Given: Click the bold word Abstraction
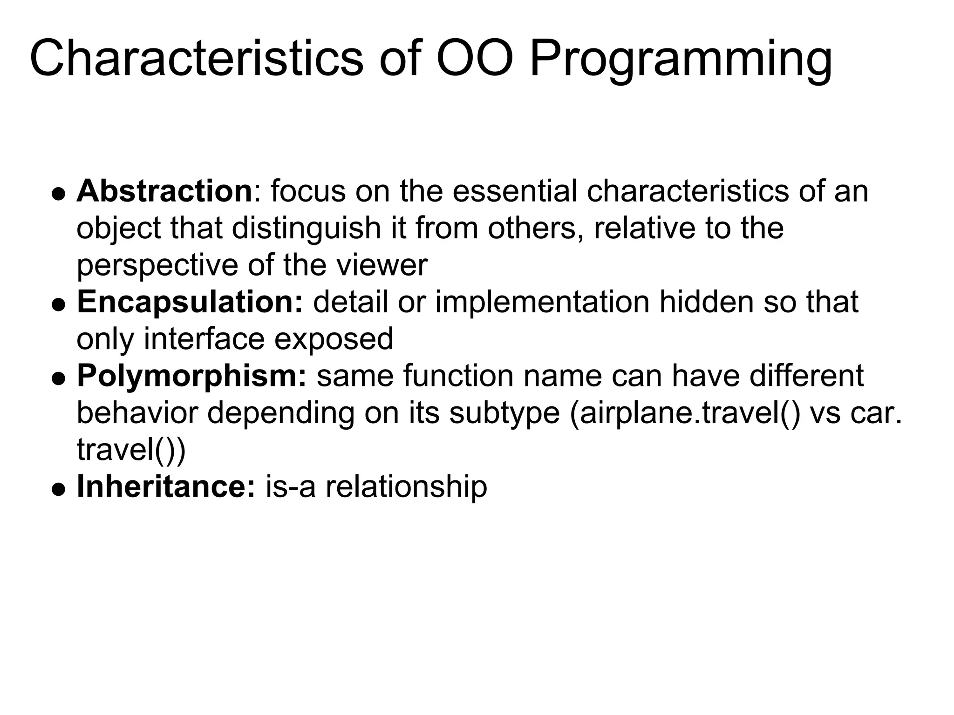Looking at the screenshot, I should (x=164, y=191).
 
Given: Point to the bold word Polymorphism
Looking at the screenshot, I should (x=191, y=376).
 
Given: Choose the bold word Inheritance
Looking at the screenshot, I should (x=166, y=486).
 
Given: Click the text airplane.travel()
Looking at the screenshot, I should (x=685, y=413).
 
